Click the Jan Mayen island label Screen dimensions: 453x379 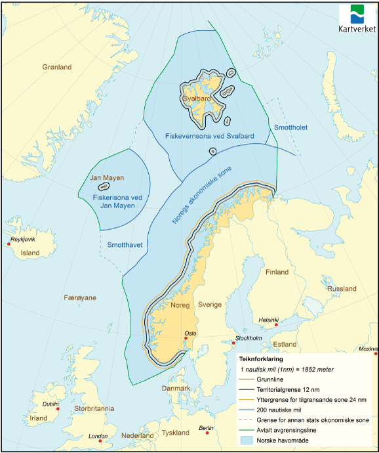coord(107,178)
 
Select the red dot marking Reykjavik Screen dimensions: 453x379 coord(9,244)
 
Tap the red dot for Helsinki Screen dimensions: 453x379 coord(277,325)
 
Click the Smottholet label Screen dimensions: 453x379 coord(290,127)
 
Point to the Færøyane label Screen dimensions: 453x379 coord(80,297)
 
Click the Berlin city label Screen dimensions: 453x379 coord(207,427)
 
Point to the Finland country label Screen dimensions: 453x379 coord(277,272)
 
